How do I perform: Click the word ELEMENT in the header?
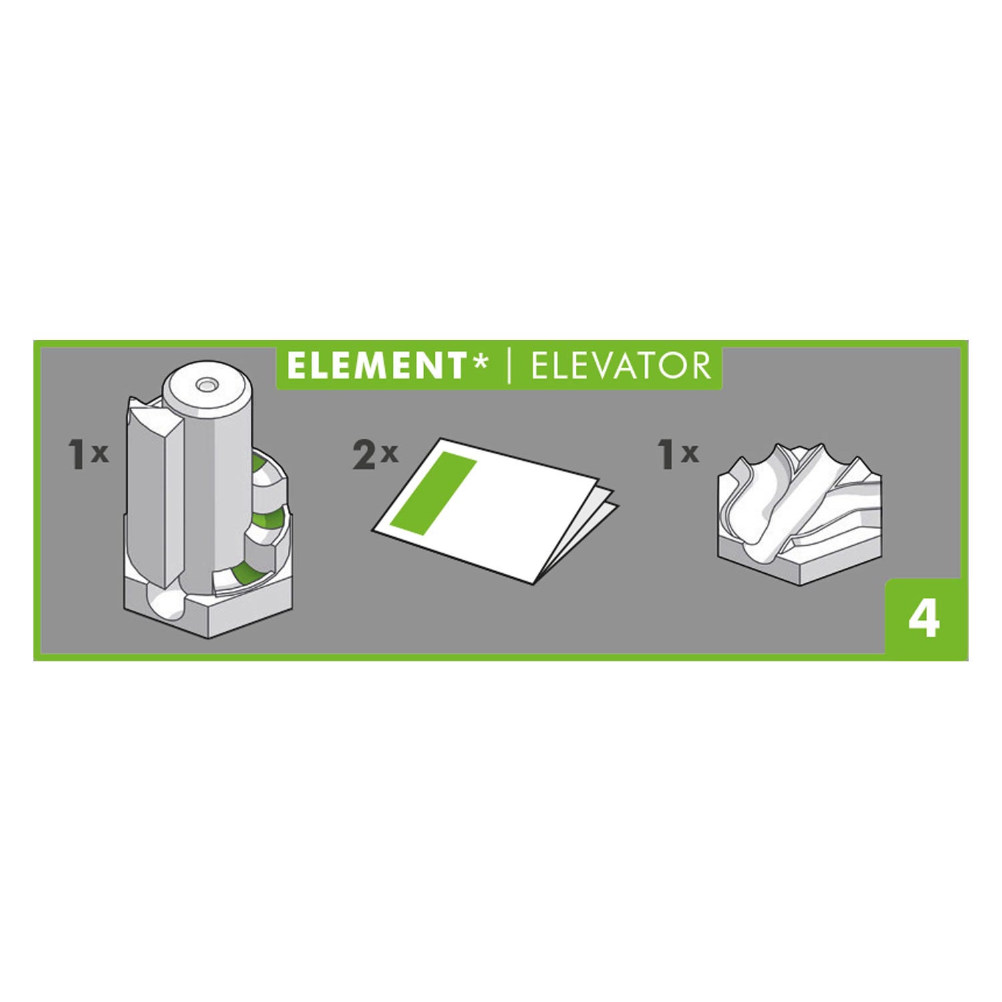point(376,366)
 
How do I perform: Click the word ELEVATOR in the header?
point(620,366)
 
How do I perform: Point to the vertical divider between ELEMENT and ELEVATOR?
point(509,366)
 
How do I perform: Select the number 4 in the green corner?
point(925,620)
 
